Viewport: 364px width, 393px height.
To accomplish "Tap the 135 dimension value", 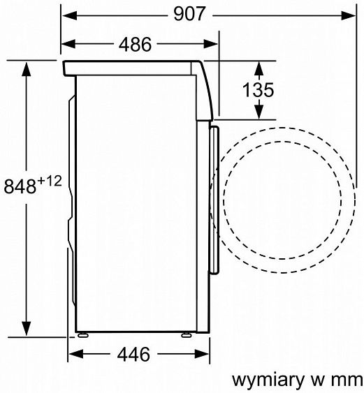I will [x=259, y=90].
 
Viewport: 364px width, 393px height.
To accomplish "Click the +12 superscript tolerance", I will [x=51, y=181].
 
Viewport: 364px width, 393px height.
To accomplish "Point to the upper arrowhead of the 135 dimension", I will [x=259, y=68].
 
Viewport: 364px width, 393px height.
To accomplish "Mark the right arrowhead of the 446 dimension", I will [x=199, y=354].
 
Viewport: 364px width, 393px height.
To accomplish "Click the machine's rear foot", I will [x=85, y=334].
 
